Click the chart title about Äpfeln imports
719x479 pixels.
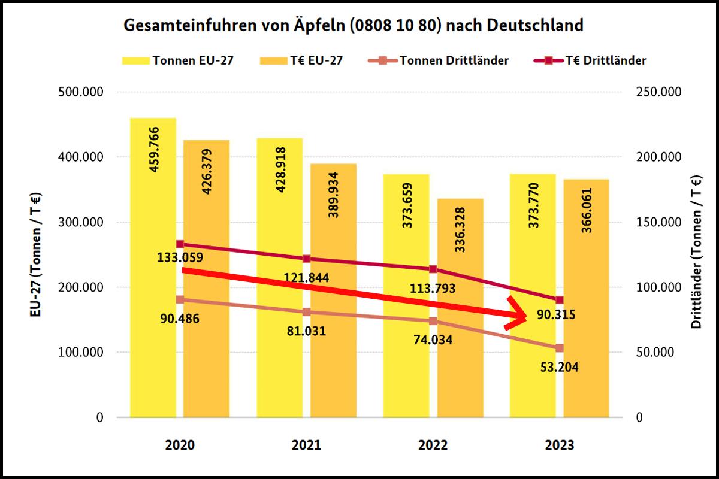353,26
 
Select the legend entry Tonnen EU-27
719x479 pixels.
179,60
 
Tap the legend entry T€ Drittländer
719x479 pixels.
599,60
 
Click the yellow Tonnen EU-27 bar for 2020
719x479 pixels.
153,269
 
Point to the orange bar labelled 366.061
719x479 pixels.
586,299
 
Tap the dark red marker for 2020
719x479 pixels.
180,244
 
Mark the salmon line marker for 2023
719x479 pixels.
560,348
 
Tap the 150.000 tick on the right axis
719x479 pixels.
658,222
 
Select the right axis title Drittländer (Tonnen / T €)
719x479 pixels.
696,254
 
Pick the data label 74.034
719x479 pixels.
432,340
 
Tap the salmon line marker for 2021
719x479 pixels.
306,312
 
